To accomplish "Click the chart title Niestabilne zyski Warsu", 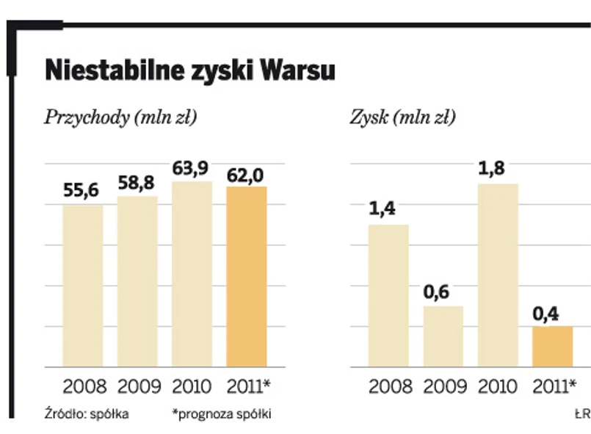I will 189,71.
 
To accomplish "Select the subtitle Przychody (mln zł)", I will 121,117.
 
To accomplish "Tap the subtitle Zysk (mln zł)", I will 402,117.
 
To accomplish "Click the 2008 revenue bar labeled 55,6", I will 82,286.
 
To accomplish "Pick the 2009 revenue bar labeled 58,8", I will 137,281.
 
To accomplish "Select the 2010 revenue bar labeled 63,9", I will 192,274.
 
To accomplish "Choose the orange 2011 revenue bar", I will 247,277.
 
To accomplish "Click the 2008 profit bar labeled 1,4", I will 388,295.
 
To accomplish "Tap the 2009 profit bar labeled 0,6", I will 443,336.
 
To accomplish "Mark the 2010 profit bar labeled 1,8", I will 498,275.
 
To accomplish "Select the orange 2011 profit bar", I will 552,347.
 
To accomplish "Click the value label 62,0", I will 247,176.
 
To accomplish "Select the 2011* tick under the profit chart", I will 554,386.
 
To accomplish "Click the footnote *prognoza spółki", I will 222,414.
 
